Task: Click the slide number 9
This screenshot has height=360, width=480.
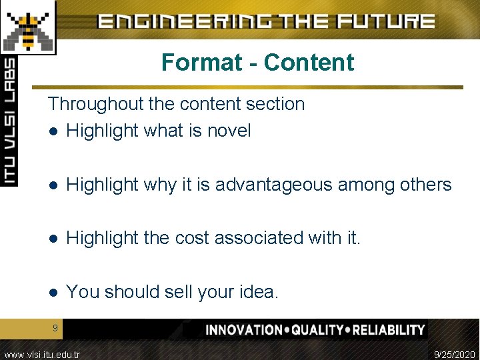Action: (55, 327)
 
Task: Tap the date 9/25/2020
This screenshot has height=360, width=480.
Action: (455, 354)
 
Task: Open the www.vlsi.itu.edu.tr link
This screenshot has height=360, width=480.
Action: (41, 354)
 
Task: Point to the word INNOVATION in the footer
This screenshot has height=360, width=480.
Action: (244, 330)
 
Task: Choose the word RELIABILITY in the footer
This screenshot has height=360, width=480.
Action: (389, 330)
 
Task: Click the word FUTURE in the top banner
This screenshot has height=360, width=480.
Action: (386, 21)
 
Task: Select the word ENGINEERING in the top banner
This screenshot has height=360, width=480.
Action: (187, 21)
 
